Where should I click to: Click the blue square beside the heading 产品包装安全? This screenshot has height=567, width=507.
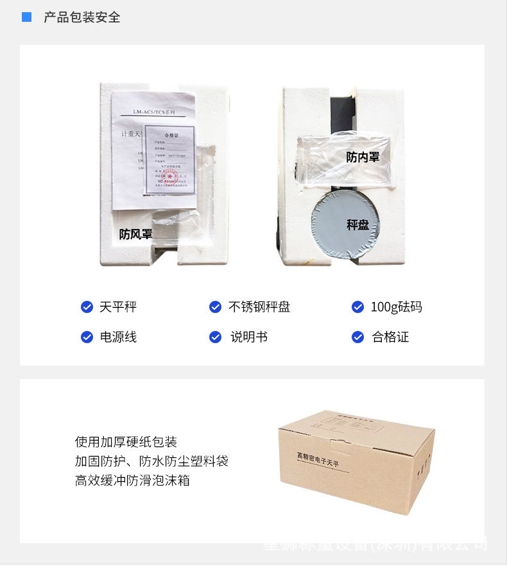tap(26, 17)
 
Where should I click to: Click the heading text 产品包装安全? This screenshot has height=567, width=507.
tap(82, 17)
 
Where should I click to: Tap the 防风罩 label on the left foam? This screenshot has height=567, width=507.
tap(136, 234)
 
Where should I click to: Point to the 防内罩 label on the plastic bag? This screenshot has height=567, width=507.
tap(363, 157)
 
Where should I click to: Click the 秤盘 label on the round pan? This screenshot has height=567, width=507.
tap(357, 224)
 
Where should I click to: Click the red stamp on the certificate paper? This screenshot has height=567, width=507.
tap(160, 175)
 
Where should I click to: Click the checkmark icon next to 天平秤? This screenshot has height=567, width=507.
tap(87, 307)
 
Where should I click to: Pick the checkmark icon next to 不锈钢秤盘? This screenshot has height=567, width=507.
tap(216, 307)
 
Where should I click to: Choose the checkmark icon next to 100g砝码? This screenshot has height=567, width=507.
tap(358, 307)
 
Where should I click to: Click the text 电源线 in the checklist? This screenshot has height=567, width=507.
tap(118, 337)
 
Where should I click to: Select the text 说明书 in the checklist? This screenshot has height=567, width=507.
tap(249, 337)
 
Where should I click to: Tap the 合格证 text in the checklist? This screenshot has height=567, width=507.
tap(390, 337)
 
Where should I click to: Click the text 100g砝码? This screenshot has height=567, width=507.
tap(397, 307)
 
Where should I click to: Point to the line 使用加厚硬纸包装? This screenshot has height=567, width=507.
tap(126, 442)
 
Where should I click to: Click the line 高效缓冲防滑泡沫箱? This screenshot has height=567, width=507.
tap(132, 480)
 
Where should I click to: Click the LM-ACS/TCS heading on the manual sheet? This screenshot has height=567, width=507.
tap(154, 112)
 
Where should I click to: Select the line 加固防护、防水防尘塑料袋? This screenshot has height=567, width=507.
tap(151, 461)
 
